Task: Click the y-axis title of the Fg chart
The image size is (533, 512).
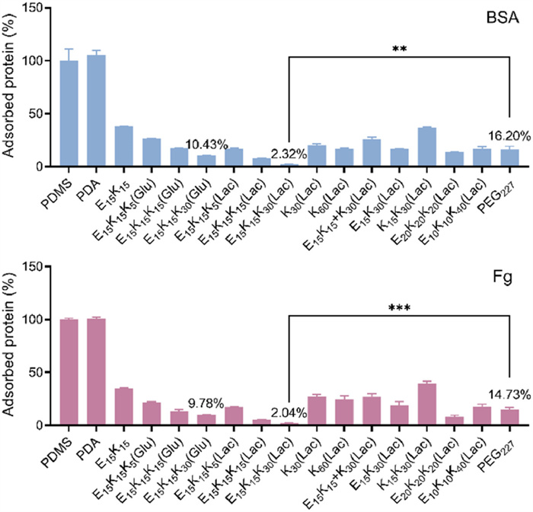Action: (x=11, y=346)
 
